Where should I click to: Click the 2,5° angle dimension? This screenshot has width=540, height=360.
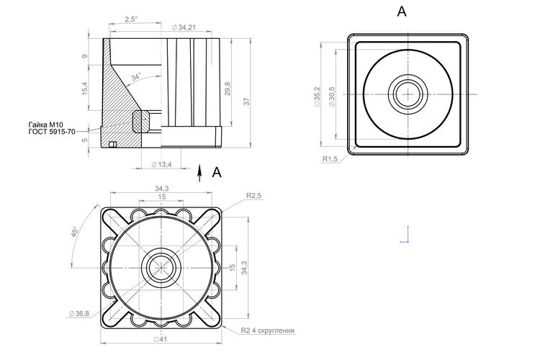coord(131,19)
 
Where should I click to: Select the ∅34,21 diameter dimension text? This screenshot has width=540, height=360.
coord(184,27)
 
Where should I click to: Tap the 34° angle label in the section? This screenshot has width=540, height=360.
coord(136,77)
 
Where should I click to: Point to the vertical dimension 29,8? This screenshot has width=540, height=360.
coord(228,89)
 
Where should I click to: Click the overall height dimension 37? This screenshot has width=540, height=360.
coord(246,102)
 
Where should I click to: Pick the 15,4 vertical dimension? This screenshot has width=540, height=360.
coord(85,89)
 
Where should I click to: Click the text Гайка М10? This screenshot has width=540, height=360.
coord(45,125)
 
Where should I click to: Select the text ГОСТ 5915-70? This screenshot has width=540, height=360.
coord(52,132)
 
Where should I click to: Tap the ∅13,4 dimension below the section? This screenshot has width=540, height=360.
coord(161,165)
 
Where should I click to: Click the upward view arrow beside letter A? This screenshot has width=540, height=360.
coord(199,173)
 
